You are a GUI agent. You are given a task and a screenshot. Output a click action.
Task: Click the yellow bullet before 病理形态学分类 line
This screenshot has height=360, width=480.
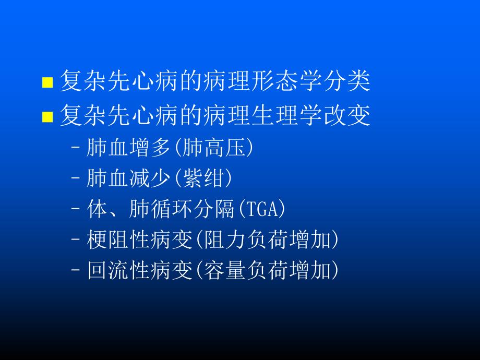[x=47, y=82]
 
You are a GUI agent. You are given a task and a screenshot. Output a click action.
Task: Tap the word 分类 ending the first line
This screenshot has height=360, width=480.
[x=354, y=81]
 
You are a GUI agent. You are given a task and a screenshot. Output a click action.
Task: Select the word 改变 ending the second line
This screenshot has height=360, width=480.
[x=354, y=116]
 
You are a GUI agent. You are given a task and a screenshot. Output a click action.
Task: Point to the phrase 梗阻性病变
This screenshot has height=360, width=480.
[x=140, y=240]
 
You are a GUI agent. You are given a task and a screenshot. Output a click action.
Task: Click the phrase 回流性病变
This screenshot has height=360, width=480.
[x=140, y=271]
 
